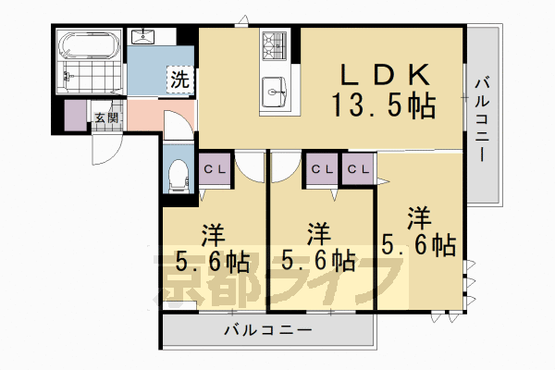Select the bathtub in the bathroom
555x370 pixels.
pyautogui.click(x=89, y=46)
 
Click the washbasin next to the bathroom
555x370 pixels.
pyautogui.click(x=145, y=37)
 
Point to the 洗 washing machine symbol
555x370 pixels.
pyautogui.click(x=179, y=80)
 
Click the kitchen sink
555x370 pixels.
pyautogui.click(x=276, y=90)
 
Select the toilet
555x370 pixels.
pyautogui.click(x=179, y=174)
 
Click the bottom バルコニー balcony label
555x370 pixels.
pyautogui.click(x=268, y=330)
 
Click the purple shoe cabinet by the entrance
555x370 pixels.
pyautogui.click(x=74, y=117)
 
